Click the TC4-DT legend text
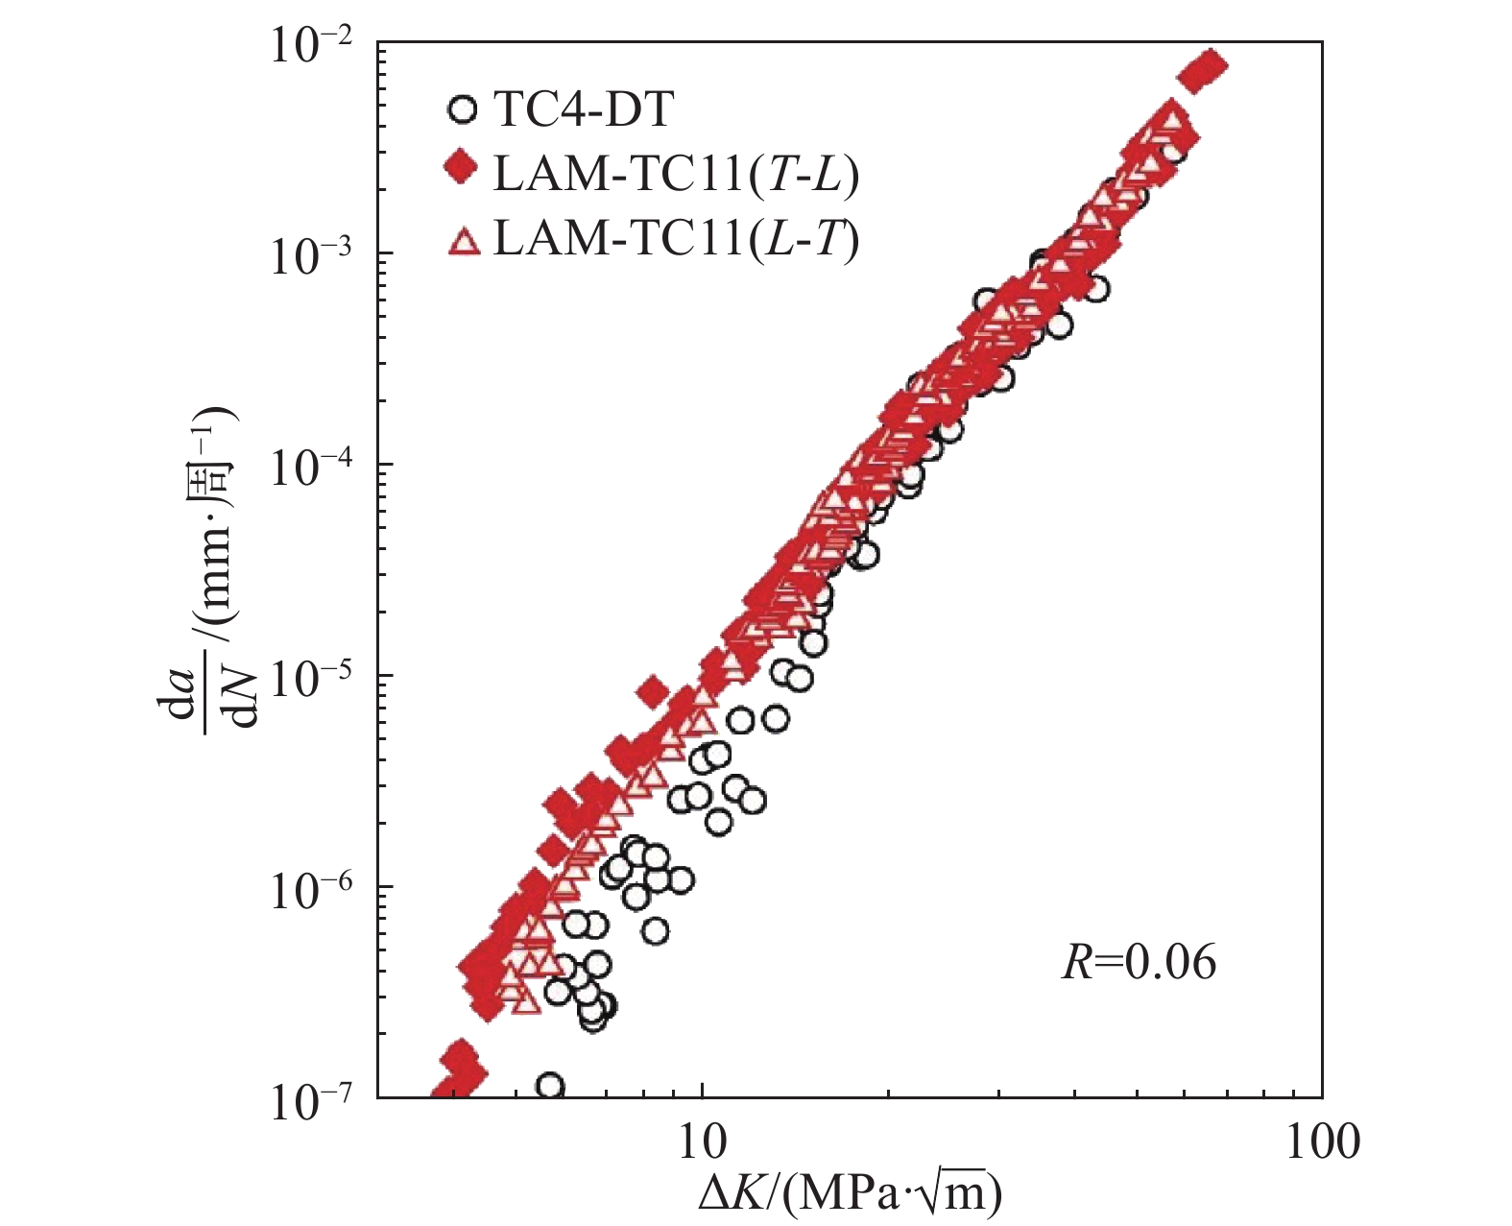pyautogui.click(x=583, y=110)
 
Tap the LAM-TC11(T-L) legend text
pyautogui.click(x=676, y=174)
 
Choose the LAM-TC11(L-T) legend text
pyautogui.click(x=676, y=238)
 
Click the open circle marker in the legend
pyautogui.click(x=463, y=109)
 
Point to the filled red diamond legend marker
pyautogui.click(x=463, y=171)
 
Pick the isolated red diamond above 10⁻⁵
pyautogui.click(x=653, y=691)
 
